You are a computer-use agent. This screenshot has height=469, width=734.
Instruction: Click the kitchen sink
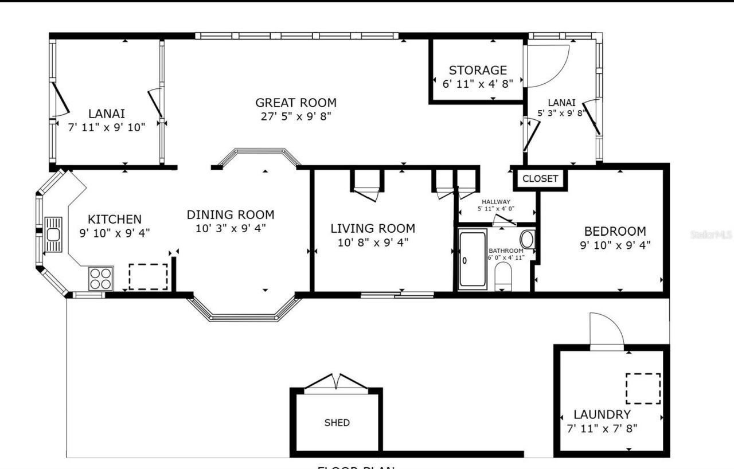[53, 234]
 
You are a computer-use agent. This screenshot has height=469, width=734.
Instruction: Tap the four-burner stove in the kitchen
[101, 279]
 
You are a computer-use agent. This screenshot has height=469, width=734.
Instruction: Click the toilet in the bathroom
[503, 276]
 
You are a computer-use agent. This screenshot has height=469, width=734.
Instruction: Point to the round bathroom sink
[527, 239]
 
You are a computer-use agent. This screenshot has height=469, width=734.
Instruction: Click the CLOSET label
[540, 179]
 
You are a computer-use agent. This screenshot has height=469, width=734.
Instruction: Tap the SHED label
[337, 423]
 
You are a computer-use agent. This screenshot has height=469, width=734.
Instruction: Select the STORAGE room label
[478, 71]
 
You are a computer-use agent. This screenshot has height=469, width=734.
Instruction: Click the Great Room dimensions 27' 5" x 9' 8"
[295, 116]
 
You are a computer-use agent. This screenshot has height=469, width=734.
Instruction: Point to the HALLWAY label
[495, 202]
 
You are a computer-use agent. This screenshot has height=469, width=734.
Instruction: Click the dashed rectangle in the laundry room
[643, 389]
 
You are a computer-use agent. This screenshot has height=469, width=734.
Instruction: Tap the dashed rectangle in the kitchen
[148, 277]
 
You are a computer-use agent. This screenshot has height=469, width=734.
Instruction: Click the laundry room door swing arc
[607, 330]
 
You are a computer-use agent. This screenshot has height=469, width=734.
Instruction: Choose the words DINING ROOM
[231, 215]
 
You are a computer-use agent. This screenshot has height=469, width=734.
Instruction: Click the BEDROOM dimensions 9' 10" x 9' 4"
[615, 245]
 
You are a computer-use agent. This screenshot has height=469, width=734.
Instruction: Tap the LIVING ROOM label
[373, 228]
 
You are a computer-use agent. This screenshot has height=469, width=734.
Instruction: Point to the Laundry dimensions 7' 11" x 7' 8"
[602, 428]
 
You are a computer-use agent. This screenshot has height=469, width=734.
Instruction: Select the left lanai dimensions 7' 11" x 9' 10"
[107, 127]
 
